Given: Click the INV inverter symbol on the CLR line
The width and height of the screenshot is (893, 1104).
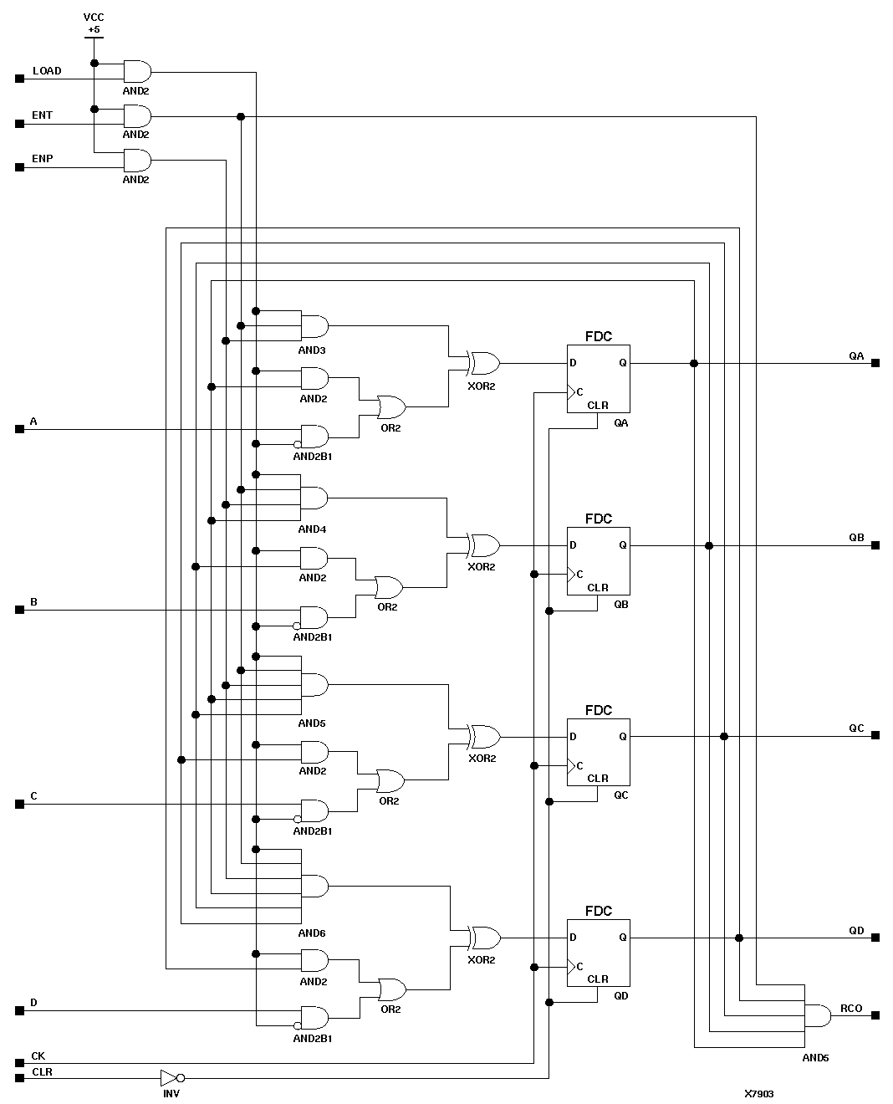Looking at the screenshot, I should [170, 1077].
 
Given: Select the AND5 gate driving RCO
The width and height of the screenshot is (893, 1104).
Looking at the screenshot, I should [816, 1015].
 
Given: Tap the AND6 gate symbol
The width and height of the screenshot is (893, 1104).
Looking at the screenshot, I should [314, 886].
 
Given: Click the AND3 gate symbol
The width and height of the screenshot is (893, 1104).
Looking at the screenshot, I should [314, 326].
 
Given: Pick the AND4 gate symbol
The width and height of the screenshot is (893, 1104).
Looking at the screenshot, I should [314, 498].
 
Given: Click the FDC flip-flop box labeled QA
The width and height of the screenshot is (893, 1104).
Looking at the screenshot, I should [598, 379].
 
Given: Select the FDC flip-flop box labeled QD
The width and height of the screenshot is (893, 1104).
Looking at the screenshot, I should [598, 953].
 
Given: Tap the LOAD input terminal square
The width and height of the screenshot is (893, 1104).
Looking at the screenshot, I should [19, 79].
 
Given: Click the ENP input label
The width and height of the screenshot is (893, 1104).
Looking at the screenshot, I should [43, 158].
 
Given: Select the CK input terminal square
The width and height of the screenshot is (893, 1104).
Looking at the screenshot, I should [19, 1064].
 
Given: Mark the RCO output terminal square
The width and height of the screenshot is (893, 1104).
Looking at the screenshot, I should [875, 1015].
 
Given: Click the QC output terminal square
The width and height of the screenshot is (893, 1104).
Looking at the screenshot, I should [875, 736].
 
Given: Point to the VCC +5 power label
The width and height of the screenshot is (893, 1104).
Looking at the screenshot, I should [94, 23].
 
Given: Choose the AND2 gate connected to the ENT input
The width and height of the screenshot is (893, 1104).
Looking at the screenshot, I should [137, 115].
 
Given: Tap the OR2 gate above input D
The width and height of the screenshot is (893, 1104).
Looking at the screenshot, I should [391, 990].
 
